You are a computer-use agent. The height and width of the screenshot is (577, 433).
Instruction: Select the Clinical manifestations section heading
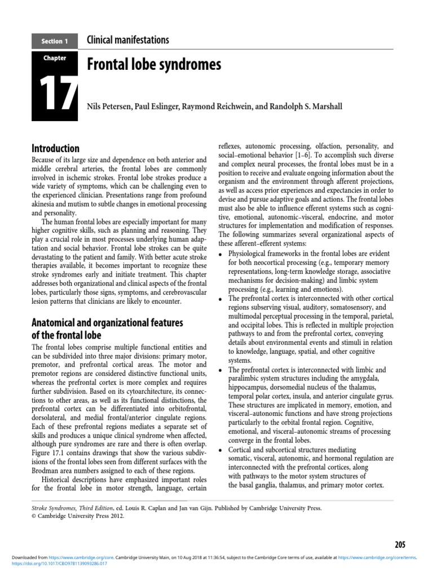(x=127, y=40)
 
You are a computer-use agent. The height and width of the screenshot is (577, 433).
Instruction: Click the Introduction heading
(x=55, y=148)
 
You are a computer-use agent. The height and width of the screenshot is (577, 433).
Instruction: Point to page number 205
(x=400, y=544)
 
